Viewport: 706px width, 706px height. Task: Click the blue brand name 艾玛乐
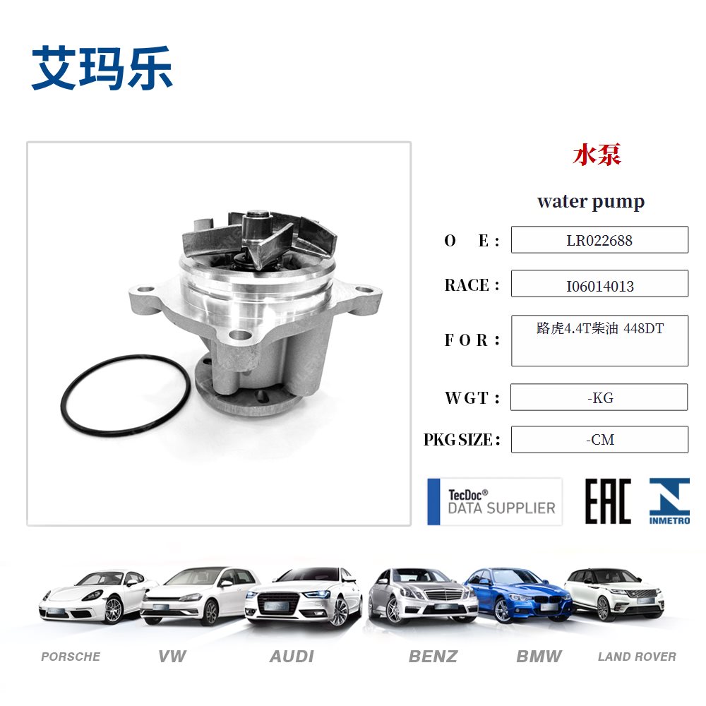[102, 68]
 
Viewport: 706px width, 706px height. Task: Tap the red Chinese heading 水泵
[597, 155]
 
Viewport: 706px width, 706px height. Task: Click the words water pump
[590, 201]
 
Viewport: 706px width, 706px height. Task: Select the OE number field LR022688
[599, 240]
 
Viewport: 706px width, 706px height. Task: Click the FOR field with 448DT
[599, 340]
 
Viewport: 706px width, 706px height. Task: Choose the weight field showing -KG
[599, 397]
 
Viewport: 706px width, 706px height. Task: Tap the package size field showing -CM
[599, 440]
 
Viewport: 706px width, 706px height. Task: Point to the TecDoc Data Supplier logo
[495, 501]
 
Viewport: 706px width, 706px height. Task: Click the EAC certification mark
[608, 501]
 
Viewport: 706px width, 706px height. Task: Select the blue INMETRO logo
[669, 501]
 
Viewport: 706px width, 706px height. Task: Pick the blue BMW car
[517, 594]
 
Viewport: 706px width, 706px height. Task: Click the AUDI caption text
[292, 657]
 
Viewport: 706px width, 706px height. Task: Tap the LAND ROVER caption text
[637, 657]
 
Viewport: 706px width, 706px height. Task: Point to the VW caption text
[172, 657]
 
